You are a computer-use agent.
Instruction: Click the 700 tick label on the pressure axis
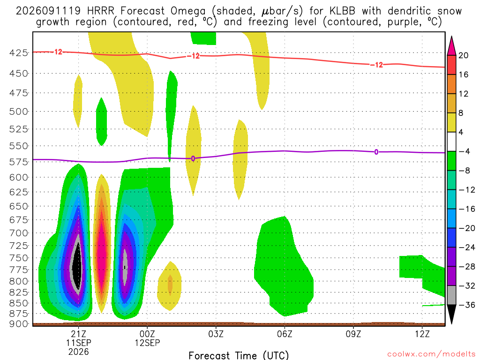19,233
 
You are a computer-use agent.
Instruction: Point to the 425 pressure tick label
19,53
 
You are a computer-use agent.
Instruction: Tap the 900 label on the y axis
19,324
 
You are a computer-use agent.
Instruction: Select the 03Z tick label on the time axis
216,334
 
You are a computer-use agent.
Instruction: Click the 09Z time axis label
353,334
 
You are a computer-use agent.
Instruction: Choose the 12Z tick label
422,334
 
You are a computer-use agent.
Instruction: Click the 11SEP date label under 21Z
79,343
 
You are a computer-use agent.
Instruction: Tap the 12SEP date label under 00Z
147,343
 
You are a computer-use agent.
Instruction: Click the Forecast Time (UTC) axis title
239,355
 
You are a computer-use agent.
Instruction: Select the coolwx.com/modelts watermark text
431,354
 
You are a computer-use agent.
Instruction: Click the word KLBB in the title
342,11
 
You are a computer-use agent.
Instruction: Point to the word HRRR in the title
100,11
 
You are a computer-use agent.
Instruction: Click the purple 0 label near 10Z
376,152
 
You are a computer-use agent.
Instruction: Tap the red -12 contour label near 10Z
376,65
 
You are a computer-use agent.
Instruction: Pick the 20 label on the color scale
464,55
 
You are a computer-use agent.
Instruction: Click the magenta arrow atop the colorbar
451,46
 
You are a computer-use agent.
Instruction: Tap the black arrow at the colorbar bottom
451,314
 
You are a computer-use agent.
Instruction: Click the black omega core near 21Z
78,266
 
